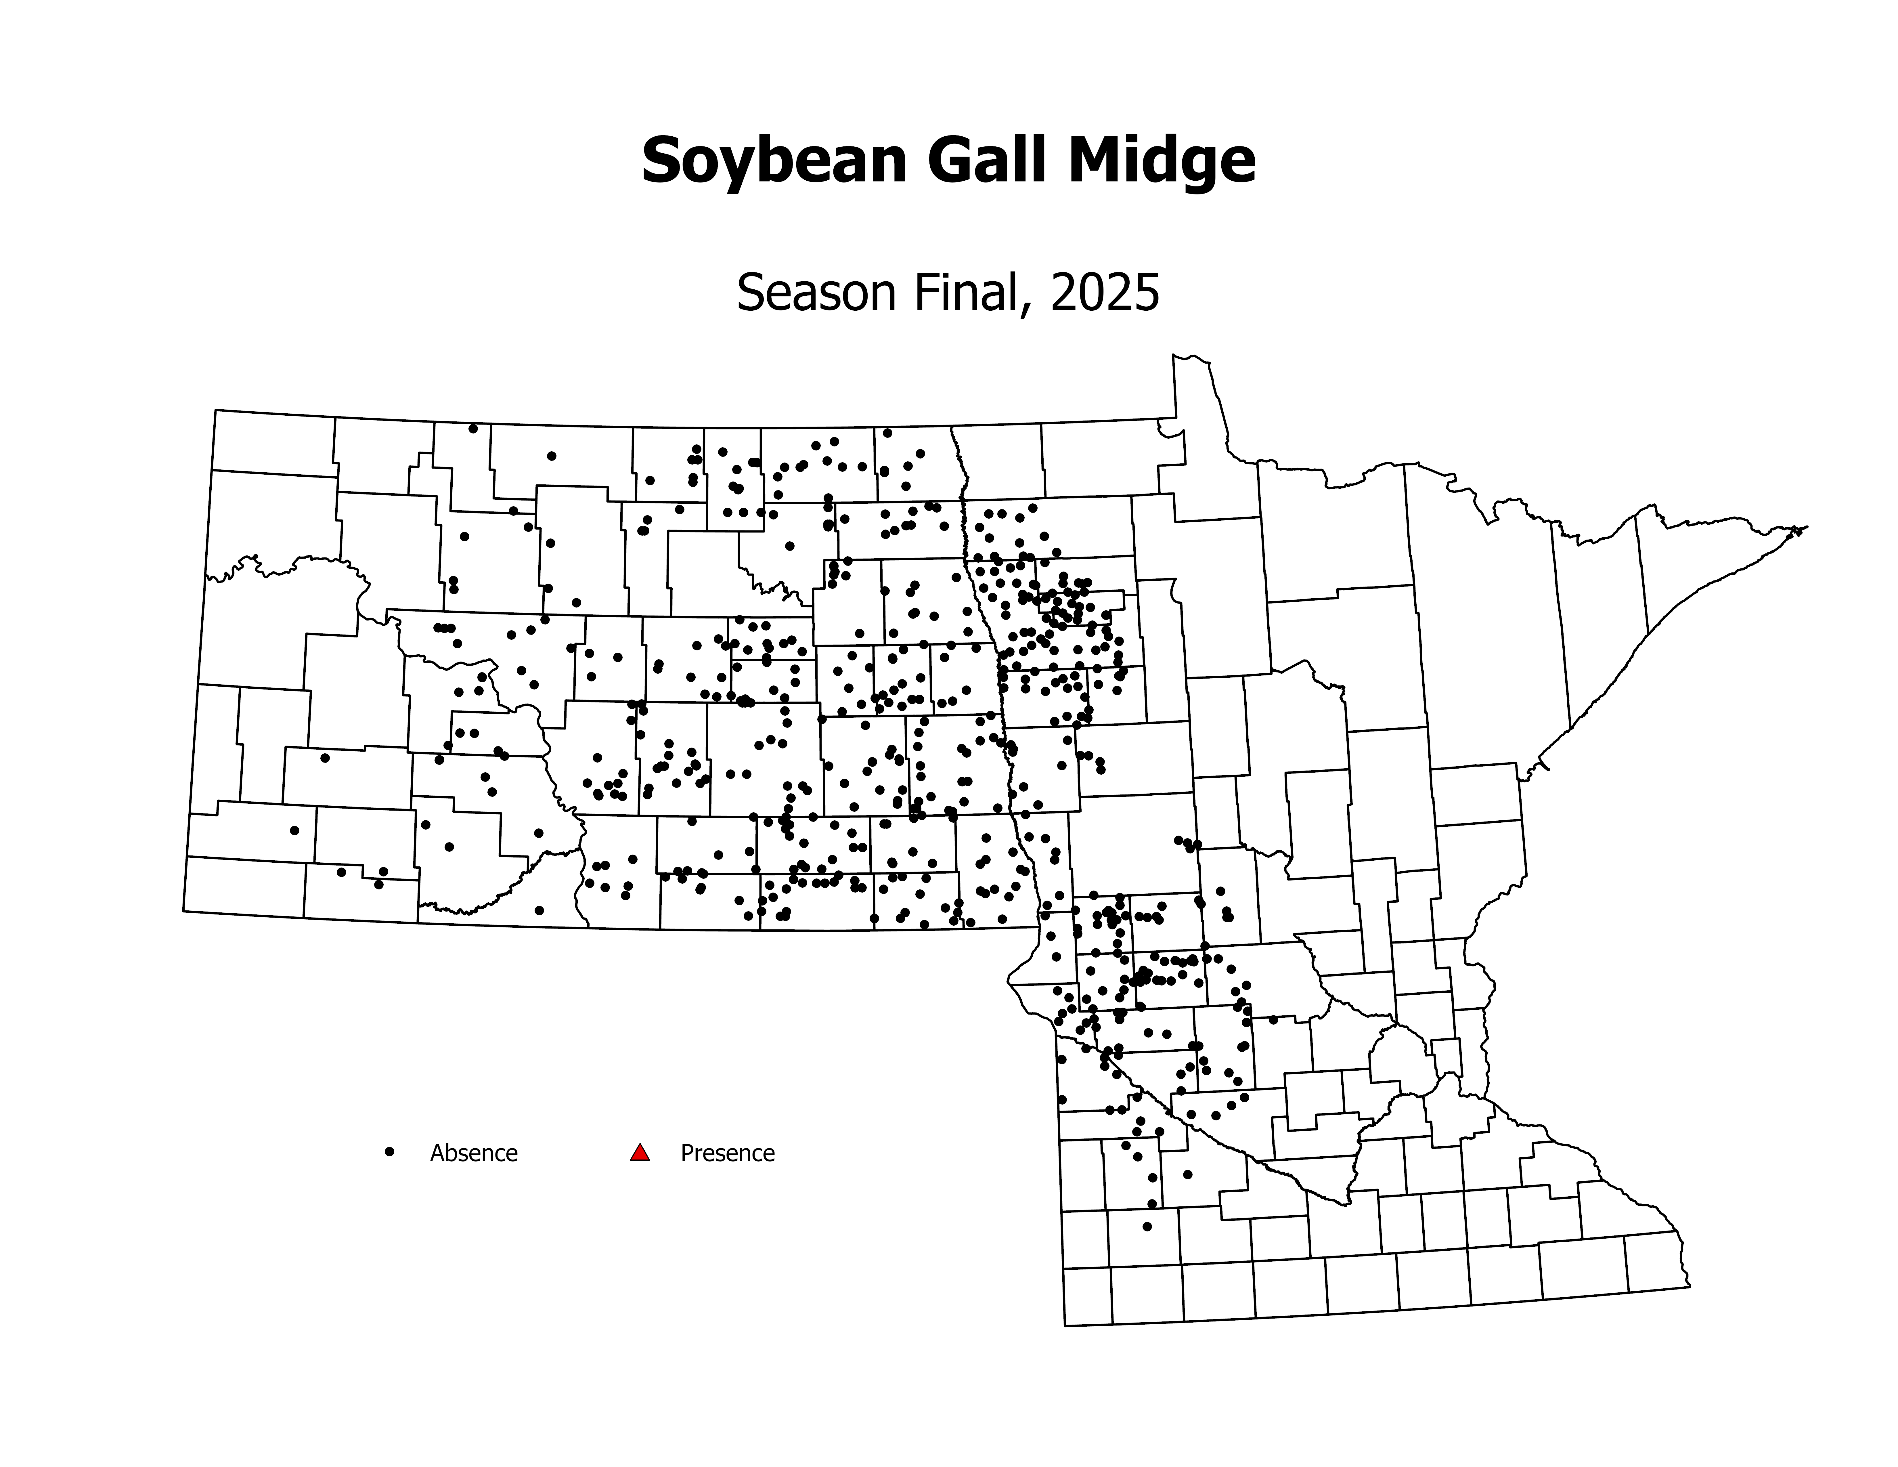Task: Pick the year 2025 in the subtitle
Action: [x=1105, y=293]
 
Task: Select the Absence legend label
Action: [x=474, y=1153]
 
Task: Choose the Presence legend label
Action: [x=727, y=1153]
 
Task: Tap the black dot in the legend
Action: [x=389, y=1151]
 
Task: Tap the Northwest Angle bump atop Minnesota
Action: [x=1191, y=358]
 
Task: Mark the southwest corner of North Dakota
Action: [x=183, y=911]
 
